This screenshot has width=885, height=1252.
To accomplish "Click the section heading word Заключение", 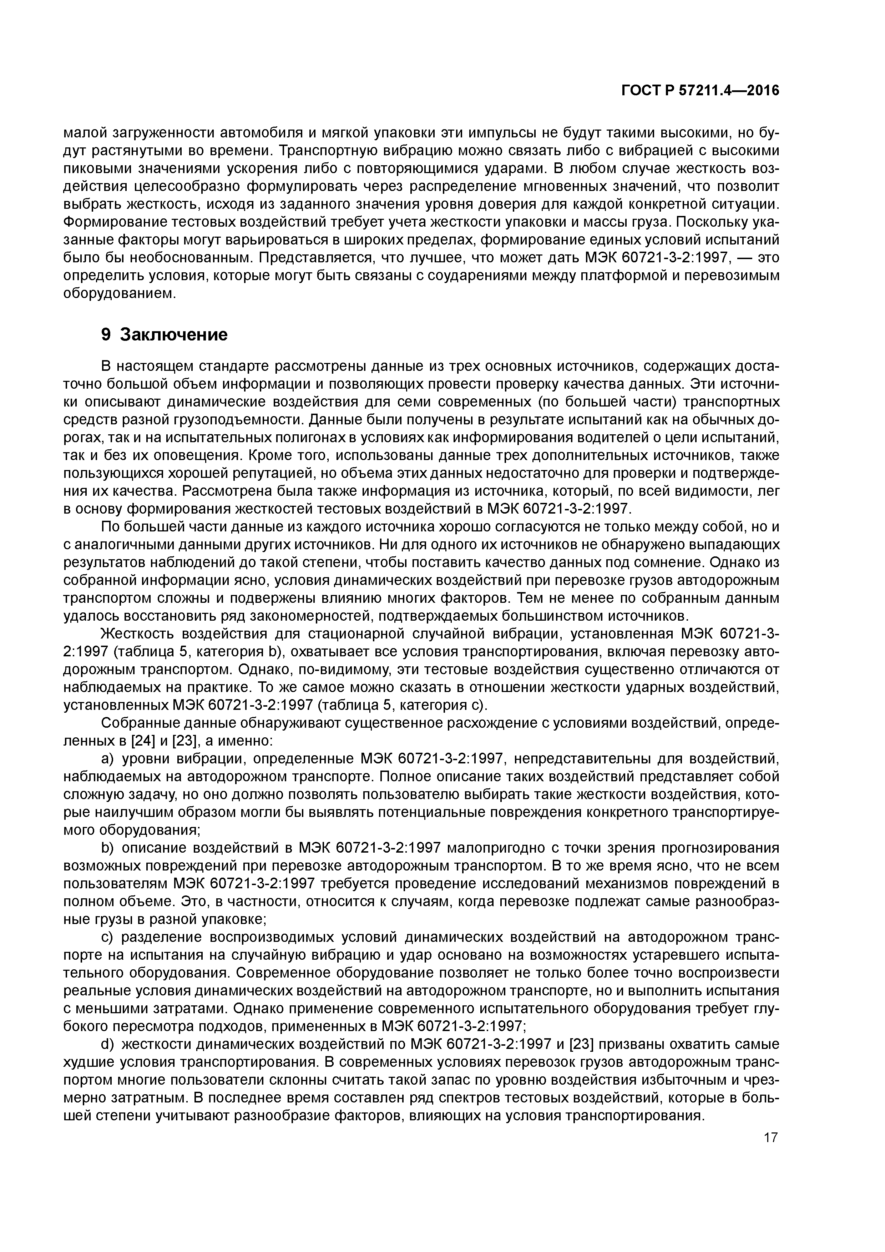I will point(173,334).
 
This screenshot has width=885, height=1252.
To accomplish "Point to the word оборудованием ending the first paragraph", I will point(120,293).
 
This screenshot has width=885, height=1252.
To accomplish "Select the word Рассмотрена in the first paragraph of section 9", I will point(229,491).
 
